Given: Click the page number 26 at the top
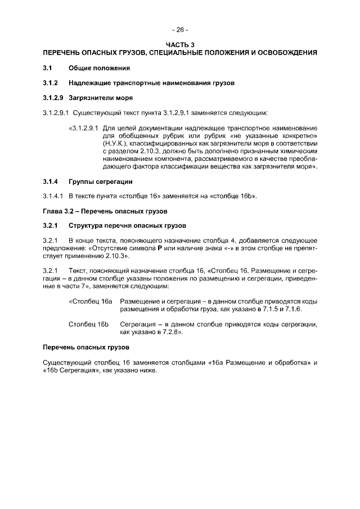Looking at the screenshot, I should [x=180, y=30].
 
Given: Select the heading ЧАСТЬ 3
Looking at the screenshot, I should [x=180, y=44].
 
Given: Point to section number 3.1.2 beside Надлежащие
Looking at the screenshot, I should [x=51, y=83].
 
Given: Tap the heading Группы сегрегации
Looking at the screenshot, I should [x=100, y=182].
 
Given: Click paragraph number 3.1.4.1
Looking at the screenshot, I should [x=54, y=196].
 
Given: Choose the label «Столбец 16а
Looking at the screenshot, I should [x=91, y=302].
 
